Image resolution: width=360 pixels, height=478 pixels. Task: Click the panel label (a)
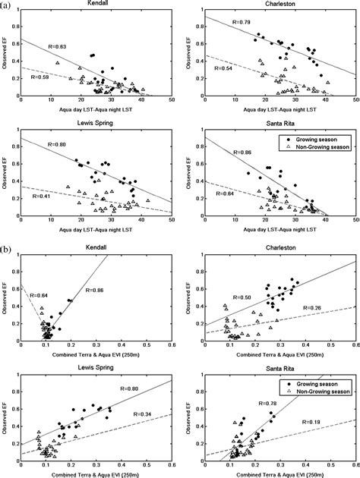coord(7,5)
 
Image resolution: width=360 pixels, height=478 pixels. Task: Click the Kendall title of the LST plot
coord(95,5)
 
